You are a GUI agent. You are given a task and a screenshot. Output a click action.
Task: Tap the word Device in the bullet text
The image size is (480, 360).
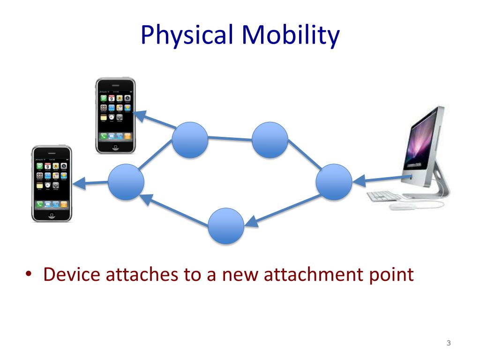click(73, 275)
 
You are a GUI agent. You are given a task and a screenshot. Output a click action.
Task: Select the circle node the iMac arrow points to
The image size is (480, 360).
click(334, 181)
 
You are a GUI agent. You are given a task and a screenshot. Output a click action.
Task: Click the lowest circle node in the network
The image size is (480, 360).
click(226, 226)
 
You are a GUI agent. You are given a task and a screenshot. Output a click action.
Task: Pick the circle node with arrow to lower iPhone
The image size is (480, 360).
click(126, 181)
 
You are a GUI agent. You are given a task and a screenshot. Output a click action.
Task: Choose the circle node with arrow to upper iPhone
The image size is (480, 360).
click(189, 139)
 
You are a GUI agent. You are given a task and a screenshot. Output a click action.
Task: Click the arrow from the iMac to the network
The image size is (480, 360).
click(382, 178)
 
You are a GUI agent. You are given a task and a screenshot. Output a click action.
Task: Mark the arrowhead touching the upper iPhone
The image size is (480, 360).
click(139, 115)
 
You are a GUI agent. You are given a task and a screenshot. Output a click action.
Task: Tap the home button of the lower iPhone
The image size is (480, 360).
click(51, 215)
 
